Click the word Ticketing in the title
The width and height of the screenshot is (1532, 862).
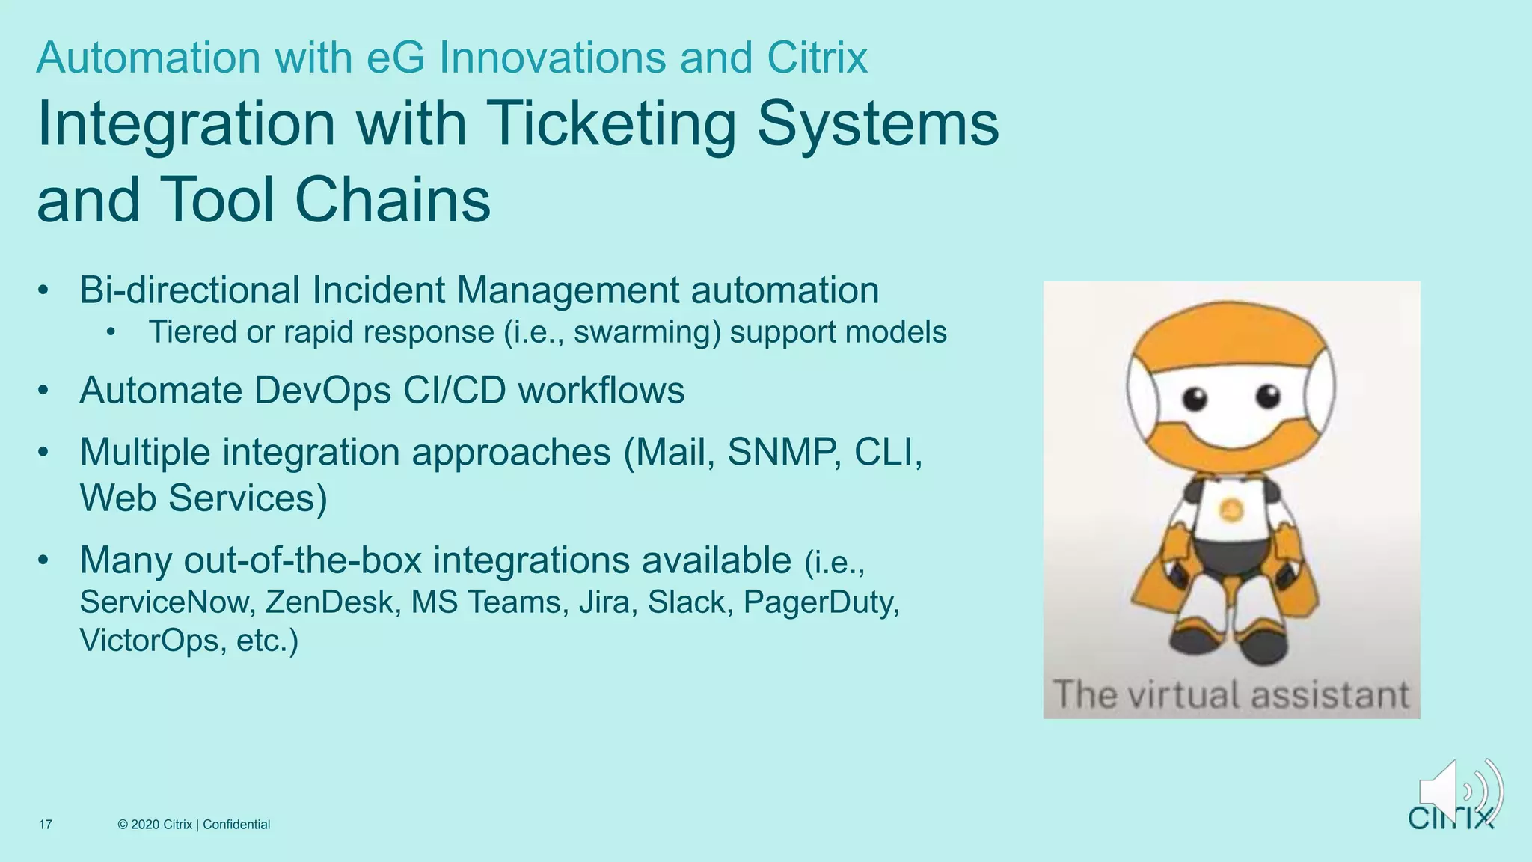(612, 124)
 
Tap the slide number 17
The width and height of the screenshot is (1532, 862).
(46, 825)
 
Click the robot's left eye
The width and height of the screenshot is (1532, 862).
(1195, 398)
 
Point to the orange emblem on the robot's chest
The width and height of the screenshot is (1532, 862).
(1231, 510)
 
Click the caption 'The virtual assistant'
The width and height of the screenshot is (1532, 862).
(1231, 694)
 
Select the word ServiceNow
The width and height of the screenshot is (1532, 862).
(163, 602)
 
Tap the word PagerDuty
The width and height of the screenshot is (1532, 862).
(821, 602)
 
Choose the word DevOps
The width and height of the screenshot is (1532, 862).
(322, 391)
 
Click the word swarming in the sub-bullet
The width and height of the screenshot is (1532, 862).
(647, 332)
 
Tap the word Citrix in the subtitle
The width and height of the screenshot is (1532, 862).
(818, 58)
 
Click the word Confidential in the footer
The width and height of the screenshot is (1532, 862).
(236, 825)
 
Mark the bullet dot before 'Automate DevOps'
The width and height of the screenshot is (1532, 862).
(44, 391)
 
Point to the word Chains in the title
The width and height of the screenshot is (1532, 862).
(393, 201)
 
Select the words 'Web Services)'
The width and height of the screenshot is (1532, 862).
(203, 498)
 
